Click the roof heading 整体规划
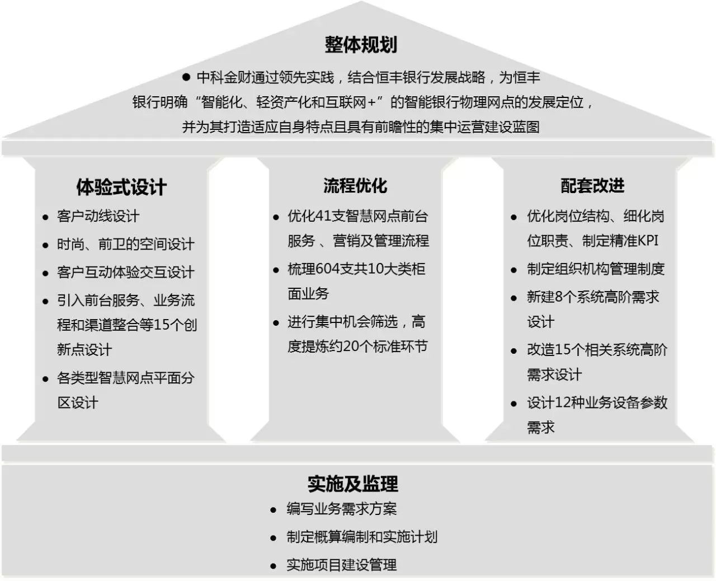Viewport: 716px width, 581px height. point(361,45)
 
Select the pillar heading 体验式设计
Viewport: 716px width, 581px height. point(121,187)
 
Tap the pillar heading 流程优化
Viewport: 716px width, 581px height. point(355,185)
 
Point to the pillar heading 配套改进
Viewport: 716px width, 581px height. point(592,185)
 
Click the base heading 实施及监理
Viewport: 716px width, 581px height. point(353,484)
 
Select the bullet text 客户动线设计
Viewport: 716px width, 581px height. point(98,216)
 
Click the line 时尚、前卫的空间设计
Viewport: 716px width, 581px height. point(125,244)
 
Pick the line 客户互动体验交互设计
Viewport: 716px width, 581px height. point(125,272)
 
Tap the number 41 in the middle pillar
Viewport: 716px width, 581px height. point(324,216)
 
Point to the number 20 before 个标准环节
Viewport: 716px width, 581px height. point(351,346)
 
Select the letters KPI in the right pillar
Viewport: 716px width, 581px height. point(648,241)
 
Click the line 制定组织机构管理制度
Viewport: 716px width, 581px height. point(596,269)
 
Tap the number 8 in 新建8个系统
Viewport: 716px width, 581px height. point(558,297)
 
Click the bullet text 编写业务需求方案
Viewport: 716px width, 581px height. point(342,509)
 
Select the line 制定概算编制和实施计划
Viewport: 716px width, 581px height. point(362,537)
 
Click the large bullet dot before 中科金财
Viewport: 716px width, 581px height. point(186,77)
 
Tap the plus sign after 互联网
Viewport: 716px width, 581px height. point(371,102)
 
